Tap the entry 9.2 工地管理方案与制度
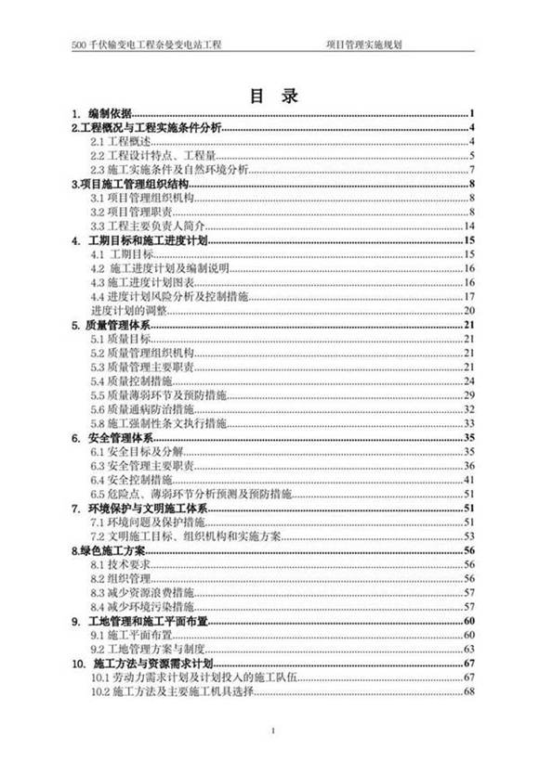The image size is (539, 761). (149, 649)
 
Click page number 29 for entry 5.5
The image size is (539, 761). (469, 394)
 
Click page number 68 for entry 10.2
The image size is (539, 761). (469, 691)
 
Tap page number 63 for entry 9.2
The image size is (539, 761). (469, 649)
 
